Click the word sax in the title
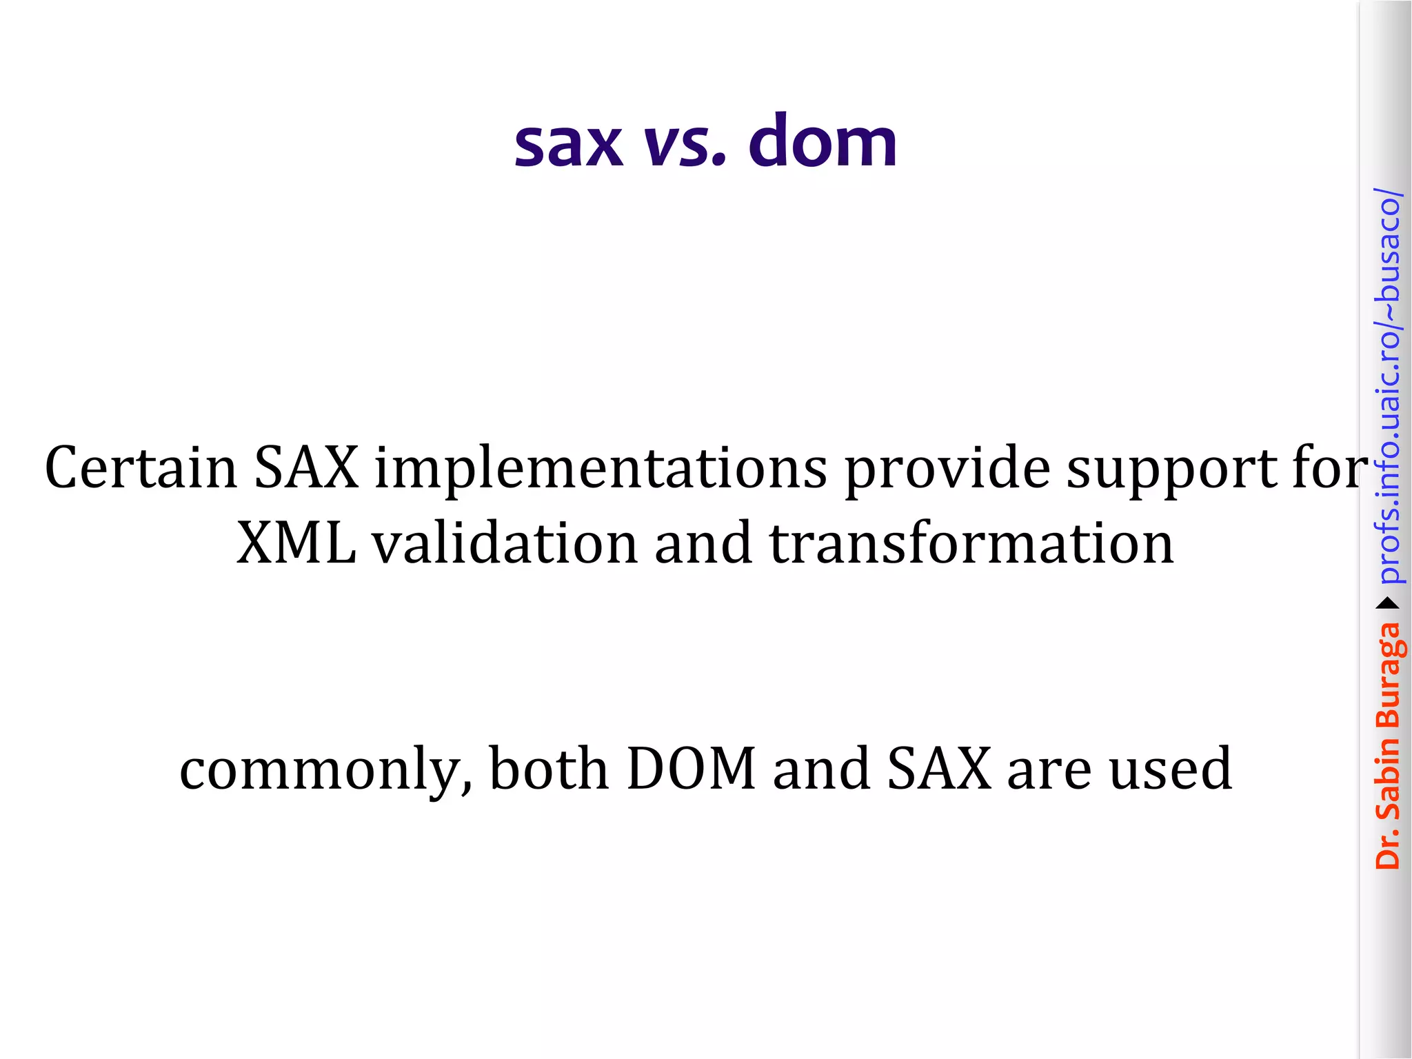tap(568, 143)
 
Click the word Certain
tap(141, 468)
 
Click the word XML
tap(296, 543)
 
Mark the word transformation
tap(971, 543)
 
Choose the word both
tap(549, 768)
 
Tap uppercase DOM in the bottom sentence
tap(692, 769)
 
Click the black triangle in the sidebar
tap(1388, 604)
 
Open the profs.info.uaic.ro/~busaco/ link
tap(1388, 386)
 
